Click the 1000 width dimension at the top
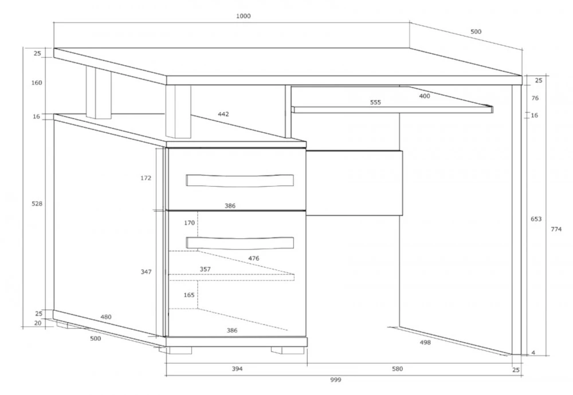(x=244, y=16)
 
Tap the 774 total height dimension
(x=556, y=229)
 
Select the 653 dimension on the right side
(x=536, y=219)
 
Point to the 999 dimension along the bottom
(x=335, y=380)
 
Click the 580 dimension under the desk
(x=397, y=369)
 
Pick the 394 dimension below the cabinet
(x=237, y=369)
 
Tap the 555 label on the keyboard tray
(x=375, y=102)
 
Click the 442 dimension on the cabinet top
(x=223, y=114)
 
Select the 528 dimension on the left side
(x=37, y=204)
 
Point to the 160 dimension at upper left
(x=37, y=83)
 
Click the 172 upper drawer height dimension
(x=146, y=178)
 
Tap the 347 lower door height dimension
(x=146, y=272)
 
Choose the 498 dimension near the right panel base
(x=425, y=342)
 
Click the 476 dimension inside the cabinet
(x=254, y=258)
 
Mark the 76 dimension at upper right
(x=535, y=98)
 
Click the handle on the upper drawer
(x=240, y=180)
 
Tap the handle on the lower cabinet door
(x=240, y=243)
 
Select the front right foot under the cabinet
(x=287, y=350)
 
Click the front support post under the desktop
(x=178, y=112)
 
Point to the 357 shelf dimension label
(x=205, y=270)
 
